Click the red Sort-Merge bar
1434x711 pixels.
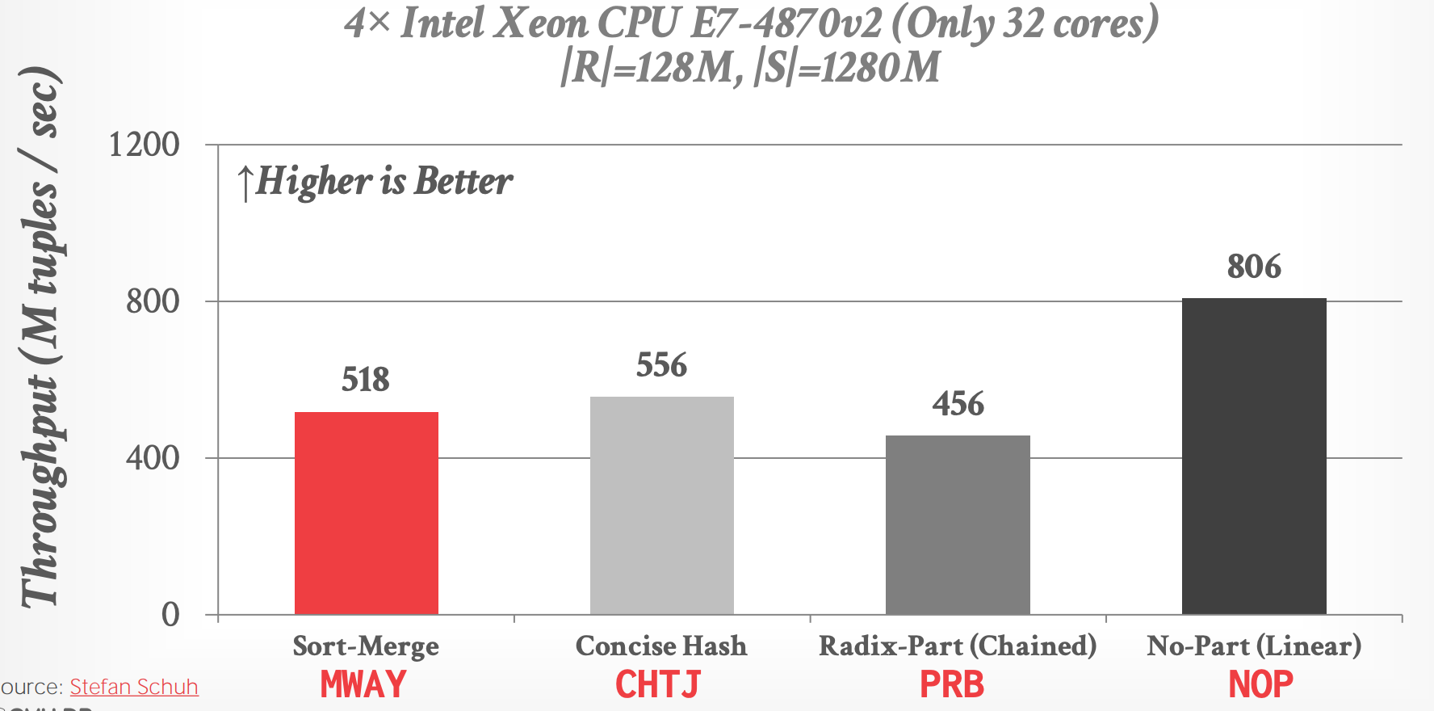366,513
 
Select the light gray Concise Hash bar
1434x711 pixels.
661,505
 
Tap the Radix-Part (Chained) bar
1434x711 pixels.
958,525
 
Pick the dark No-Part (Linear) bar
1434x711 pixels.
1254,456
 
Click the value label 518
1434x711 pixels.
366,380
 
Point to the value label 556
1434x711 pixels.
661,365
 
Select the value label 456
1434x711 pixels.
958,404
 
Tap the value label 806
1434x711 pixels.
1254,267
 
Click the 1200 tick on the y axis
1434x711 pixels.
144,145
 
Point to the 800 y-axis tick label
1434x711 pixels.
153,301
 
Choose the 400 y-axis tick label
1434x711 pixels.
153,458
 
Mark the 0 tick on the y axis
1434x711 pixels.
170,615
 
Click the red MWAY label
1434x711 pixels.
363,685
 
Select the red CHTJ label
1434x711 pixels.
658,685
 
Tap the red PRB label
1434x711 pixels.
952,685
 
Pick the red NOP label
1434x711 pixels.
1260,685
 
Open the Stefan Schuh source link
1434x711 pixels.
134,687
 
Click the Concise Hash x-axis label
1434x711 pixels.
661,646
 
